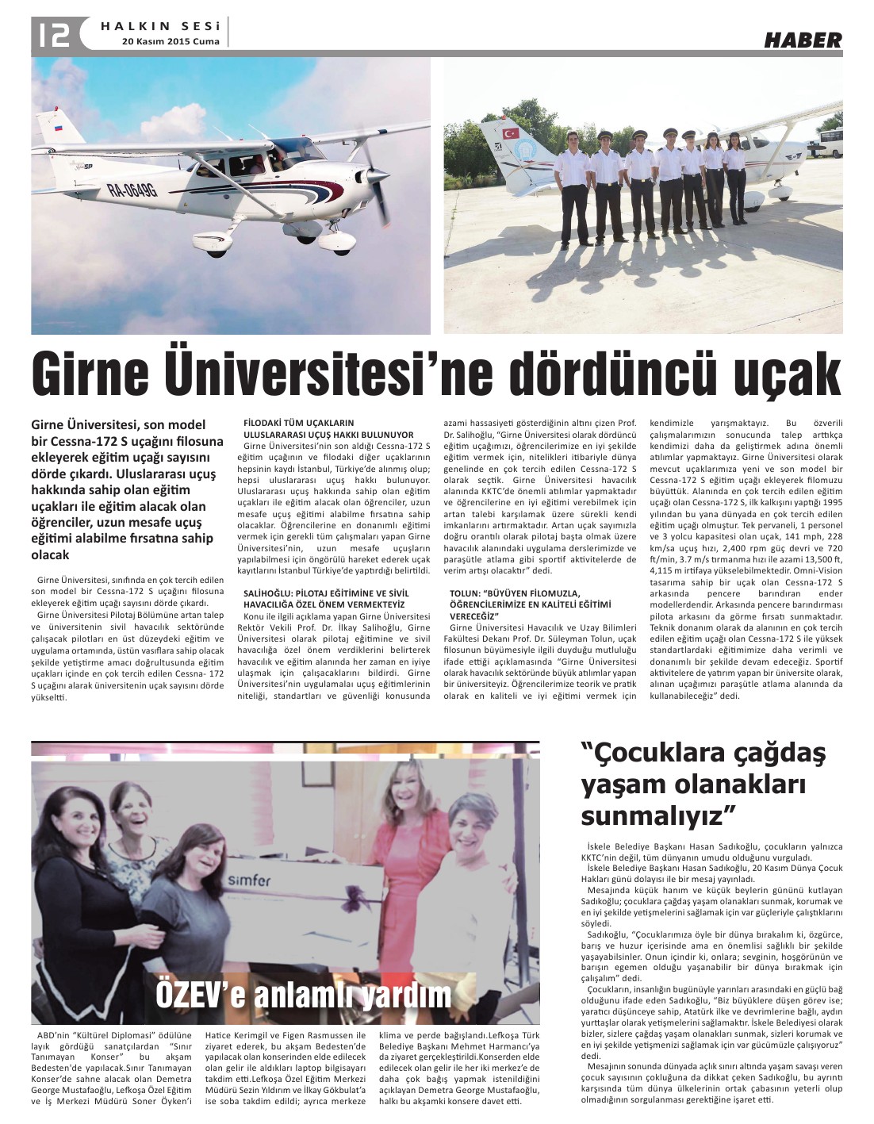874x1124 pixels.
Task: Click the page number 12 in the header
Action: click(51, 34)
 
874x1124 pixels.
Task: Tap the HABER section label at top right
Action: click(803, 40)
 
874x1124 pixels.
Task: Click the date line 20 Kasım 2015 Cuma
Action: click(170, 41)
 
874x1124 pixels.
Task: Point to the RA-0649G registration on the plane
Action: click(132, 189)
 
